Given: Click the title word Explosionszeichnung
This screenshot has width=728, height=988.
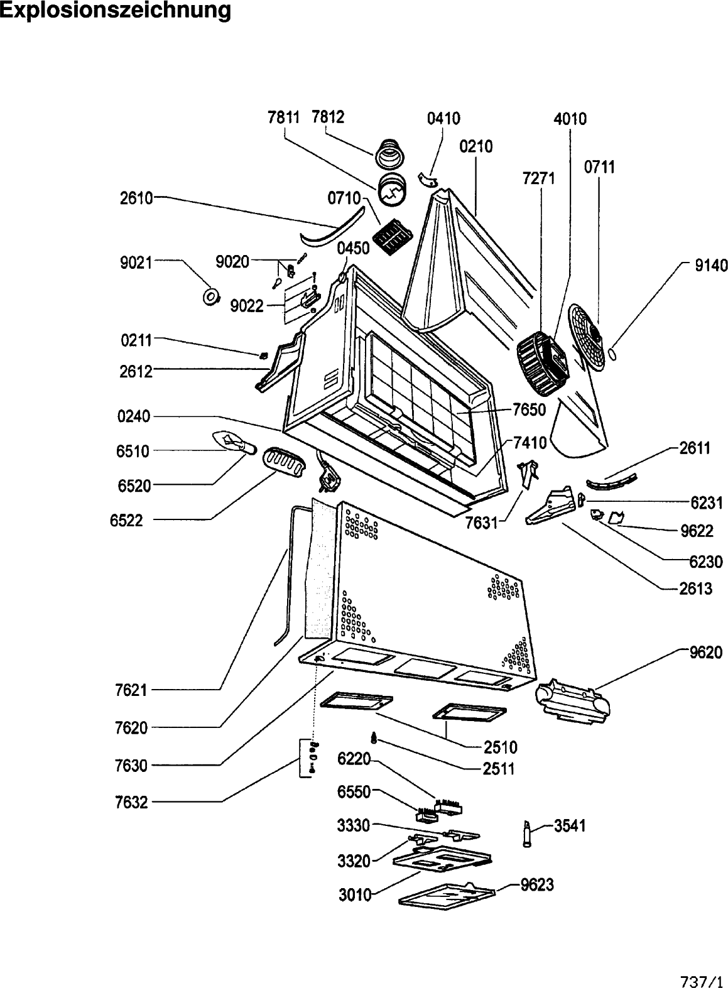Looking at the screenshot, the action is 115,11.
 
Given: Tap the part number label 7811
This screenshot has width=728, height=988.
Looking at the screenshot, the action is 284,117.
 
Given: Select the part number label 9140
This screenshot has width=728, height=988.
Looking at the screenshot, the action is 711,266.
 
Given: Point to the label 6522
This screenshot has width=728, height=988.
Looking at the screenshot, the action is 126,521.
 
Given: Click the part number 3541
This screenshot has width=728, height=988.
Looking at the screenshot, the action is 570,826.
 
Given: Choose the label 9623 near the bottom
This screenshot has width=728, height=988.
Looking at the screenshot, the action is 537,885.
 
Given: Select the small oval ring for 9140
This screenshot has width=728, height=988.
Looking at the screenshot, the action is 613,354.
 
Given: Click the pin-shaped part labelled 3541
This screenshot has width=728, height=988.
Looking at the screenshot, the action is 527,833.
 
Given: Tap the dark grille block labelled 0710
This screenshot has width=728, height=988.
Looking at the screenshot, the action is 391,239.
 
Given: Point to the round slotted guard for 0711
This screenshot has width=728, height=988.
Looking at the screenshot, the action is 590,339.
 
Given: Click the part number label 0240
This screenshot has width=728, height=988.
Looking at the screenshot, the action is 134,416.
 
